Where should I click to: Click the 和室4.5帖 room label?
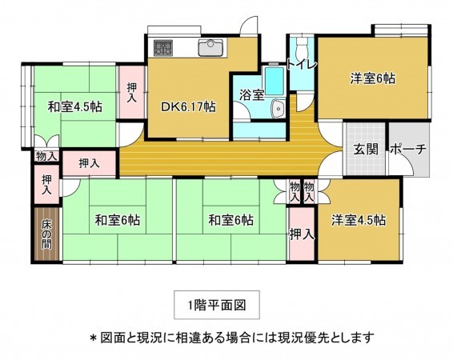click(x=73, y=106)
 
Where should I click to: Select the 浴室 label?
click(x=252, y=94)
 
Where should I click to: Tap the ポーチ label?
click(x=408, y=150)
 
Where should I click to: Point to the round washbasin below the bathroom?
click(x=278, y=110)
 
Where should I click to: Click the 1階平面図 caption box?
click(x=217, y=304)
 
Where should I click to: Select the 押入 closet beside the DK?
click(x=131, y=92)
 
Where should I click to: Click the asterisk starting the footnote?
click(x=93, y=337)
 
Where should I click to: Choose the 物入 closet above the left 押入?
click(x=46, y=157)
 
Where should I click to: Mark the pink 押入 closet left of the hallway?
click(x=89, y=163)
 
